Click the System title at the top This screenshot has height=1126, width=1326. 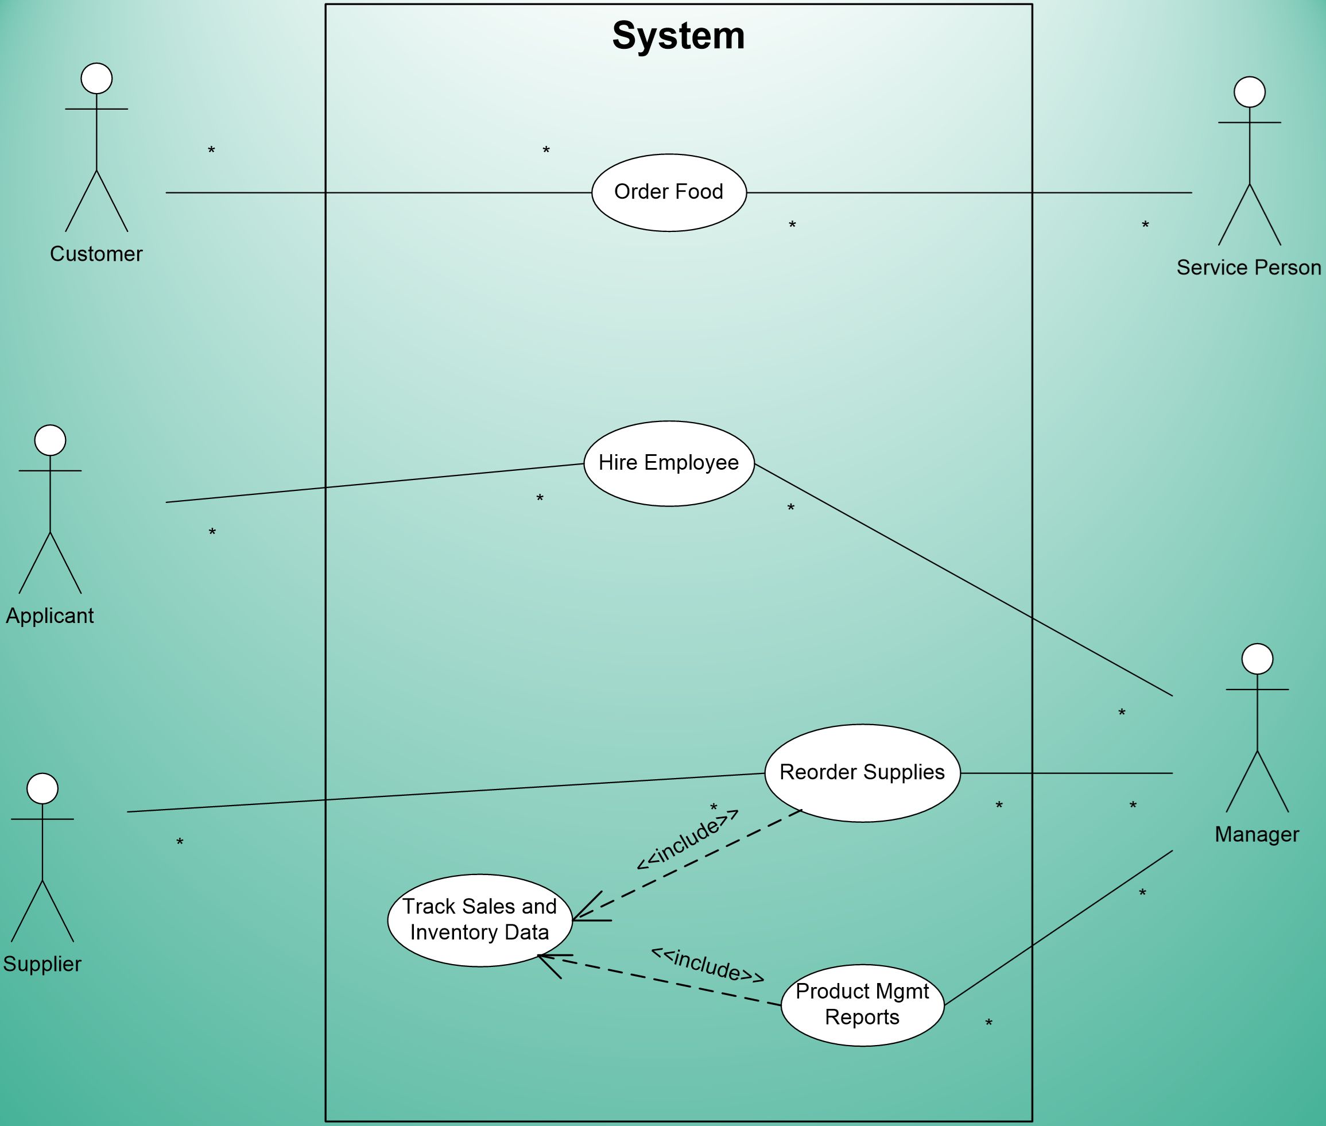[x=678, y=36]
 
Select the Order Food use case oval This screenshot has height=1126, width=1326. [x=669, y=192]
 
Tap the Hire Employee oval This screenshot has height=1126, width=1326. [x=669, y=463]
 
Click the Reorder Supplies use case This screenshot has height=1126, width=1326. [x=862, y=772]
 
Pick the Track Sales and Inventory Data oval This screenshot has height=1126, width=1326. [x=479, y=920]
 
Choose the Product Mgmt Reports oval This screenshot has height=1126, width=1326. [x=862, y=1004]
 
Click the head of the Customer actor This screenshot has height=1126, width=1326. [x=96, y=79]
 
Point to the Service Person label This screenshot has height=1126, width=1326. [x=1248, y=268]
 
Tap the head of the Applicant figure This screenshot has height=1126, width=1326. [x=50, y=440]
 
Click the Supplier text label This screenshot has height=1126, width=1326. [x=42, y=964]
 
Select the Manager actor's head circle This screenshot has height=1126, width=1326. [x=1257, y=659]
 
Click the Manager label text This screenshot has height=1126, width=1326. [x=1257, y=834]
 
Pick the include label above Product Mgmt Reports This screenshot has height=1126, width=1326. [x=707, y=965]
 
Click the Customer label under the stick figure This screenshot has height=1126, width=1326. [x=96, y=254]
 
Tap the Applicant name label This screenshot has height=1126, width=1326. [x=50, y=616]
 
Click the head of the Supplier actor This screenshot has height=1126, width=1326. [x=42, y=789]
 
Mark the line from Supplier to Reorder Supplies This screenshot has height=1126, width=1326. [x=447, y=792]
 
